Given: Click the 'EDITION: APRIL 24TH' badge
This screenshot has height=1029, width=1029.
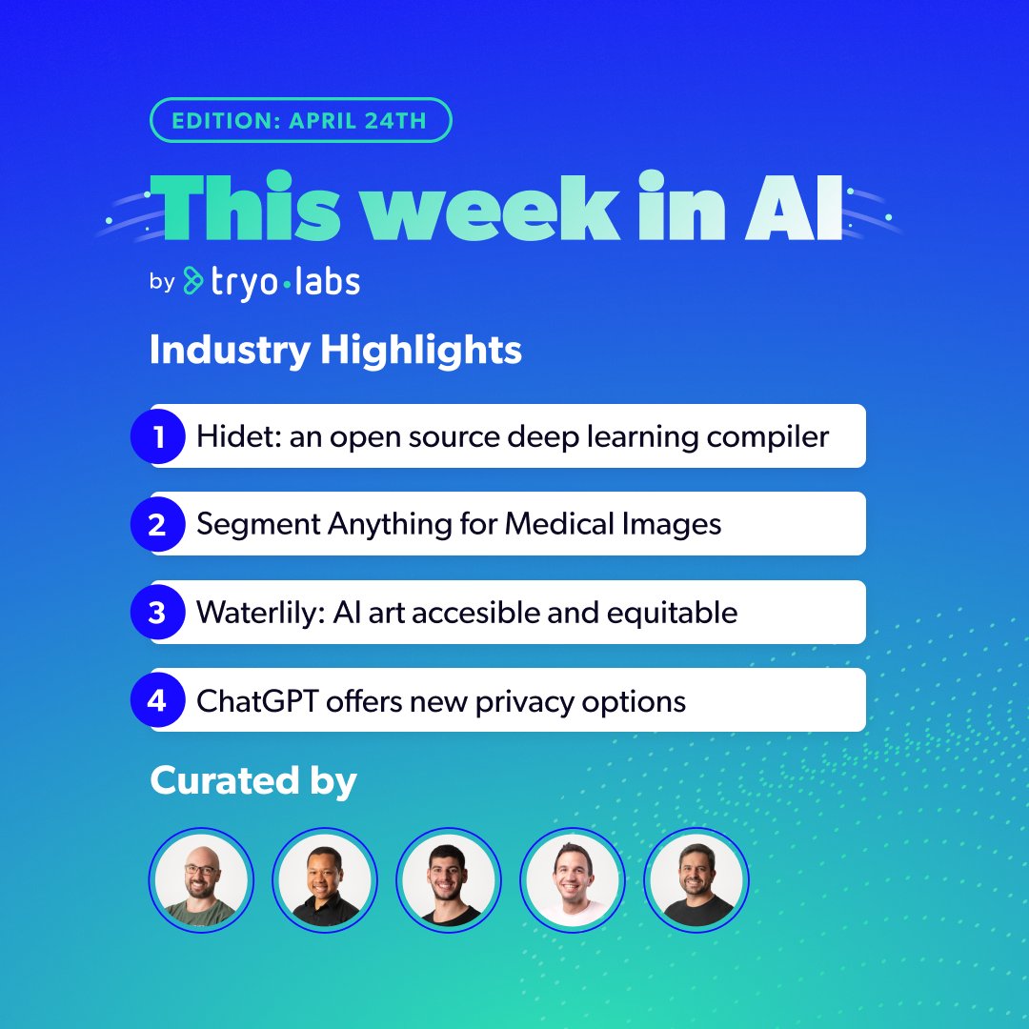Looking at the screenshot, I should (x=300, y=121).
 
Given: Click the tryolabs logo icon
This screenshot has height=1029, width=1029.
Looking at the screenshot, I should (x=193, y=281).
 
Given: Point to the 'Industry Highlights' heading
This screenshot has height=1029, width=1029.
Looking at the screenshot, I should (x=335, y=351).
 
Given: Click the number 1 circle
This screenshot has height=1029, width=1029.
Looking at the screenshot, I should (x=157, y=437).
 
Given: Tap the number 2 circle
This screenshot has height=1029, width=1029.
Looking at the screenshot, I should (x=157, y=525).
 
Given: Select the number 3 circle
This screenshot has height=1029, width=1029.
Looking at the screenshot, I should (x=157, y=613).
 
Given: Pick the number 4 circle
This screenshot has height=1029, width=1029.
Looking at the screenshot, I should (x=157, y=701).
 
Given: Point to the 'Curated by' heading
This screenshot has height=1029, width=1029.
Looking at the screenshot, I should (x=253, y=781).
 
